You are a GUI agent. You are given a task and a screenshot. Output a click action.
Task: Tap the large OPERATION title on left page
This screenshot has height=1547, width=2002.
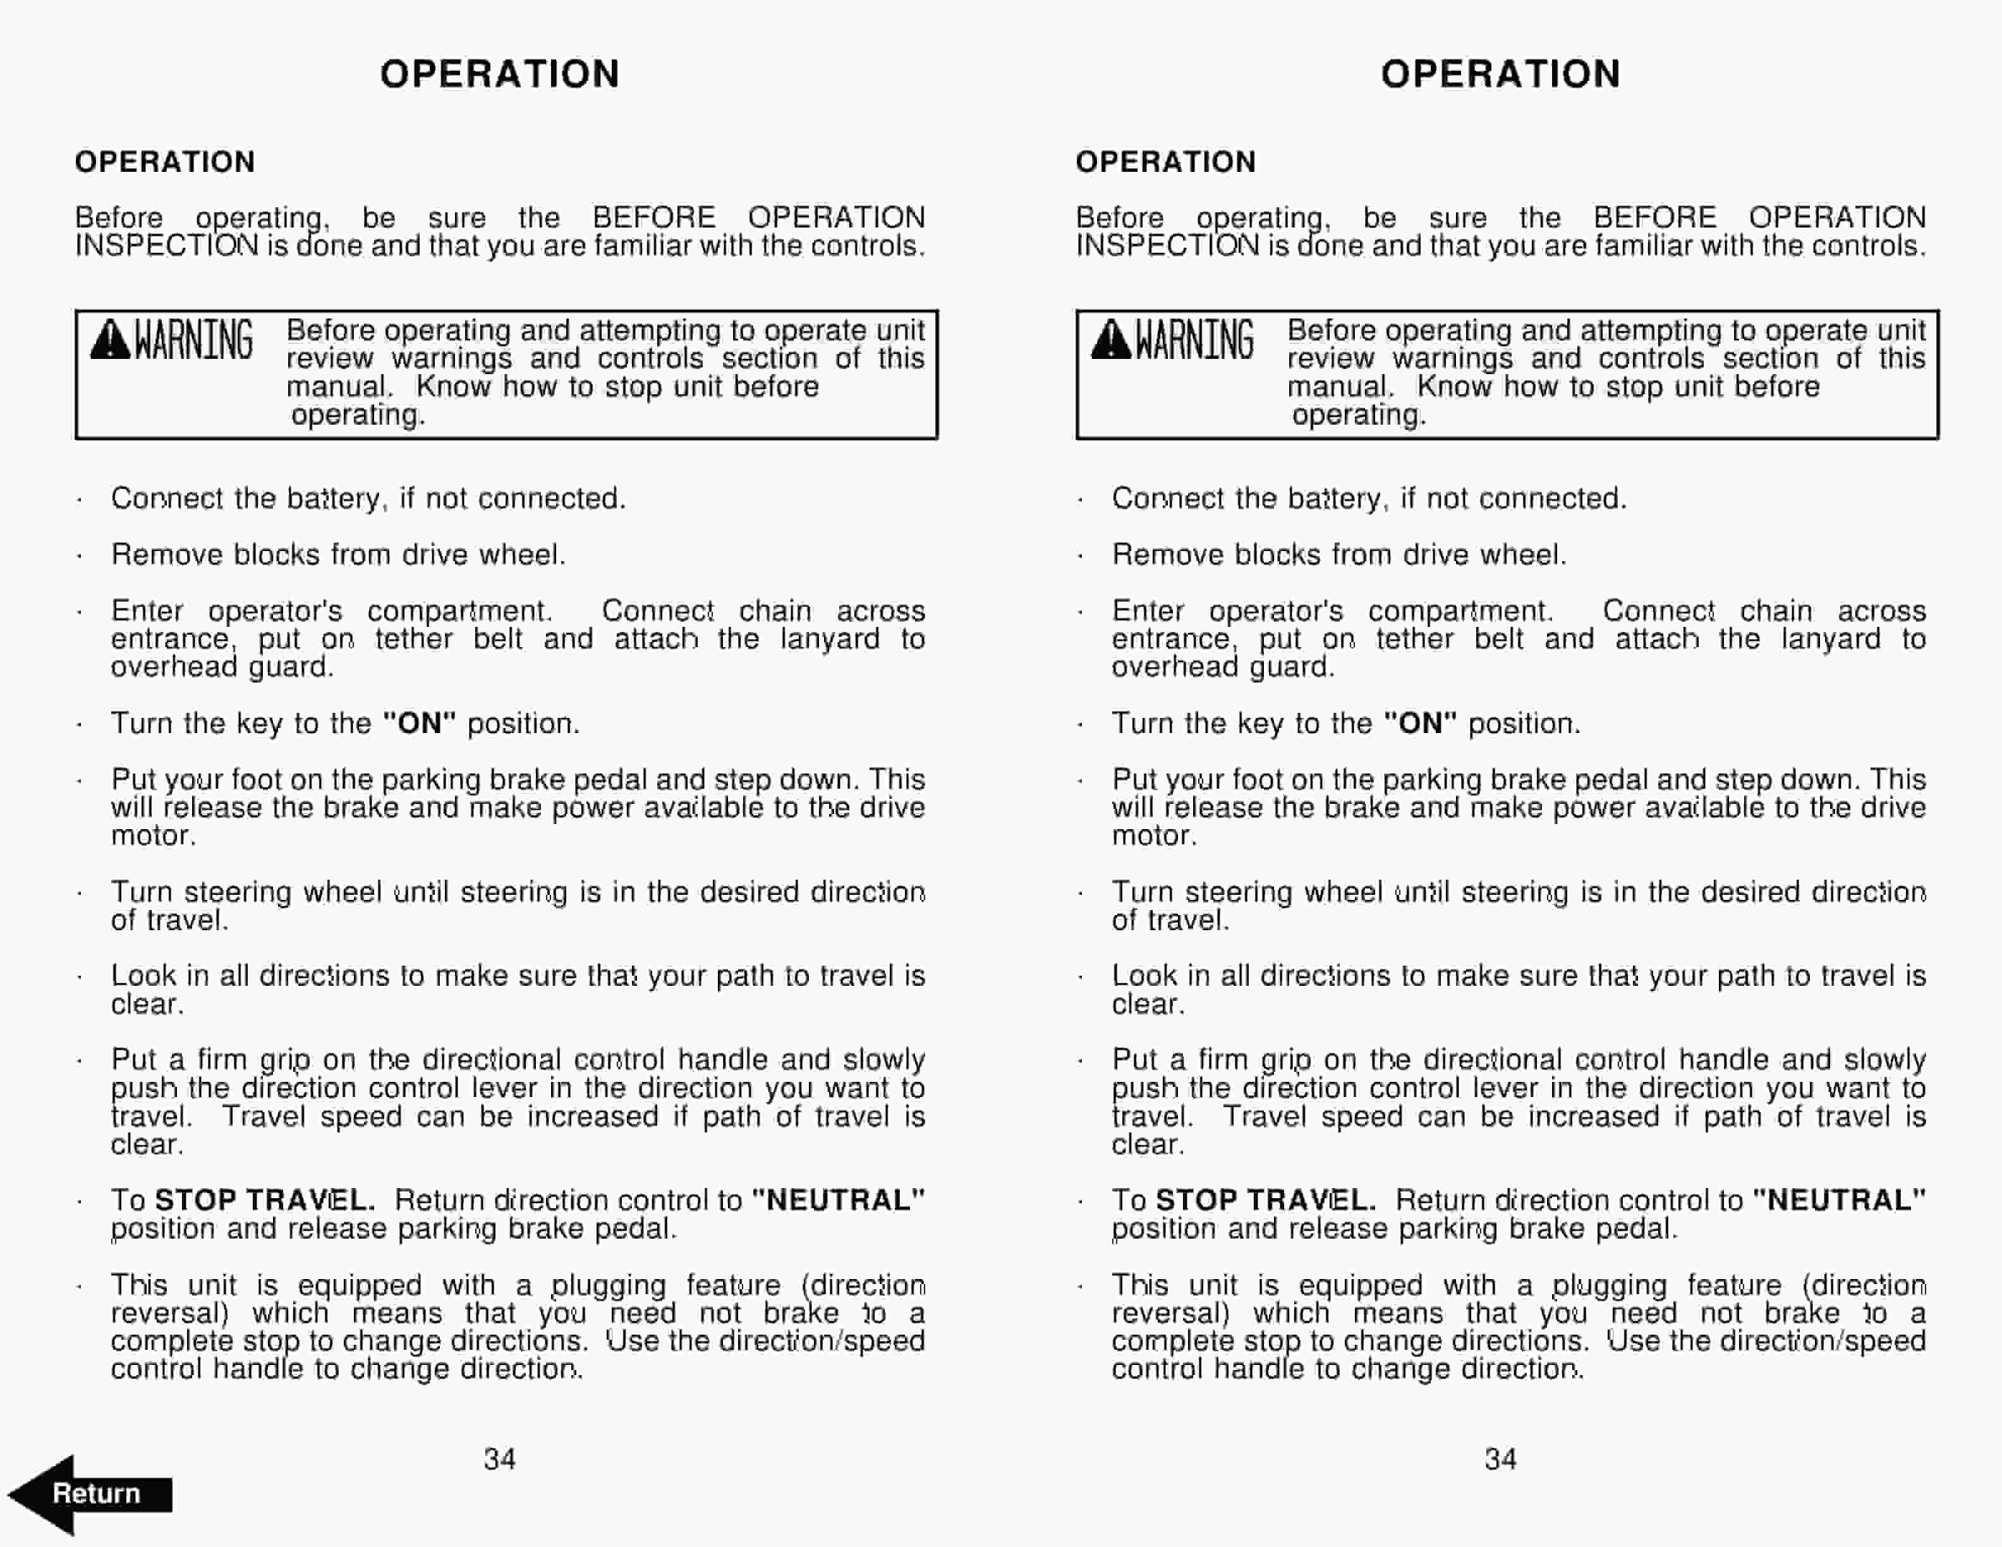click(x=500, y=74)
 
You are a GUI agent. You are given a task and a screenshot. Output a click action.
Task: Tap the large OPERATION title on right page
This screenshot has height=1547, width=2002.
click(x=1501, y=74)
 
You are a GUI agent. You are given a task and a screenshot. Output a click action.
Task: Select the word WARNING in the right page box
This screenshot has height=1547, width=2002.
click(x=1194, y=340)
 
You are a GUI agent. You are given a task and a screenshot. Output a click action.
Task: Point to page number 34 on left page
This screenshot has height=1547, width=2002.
click(x=500, y=1458)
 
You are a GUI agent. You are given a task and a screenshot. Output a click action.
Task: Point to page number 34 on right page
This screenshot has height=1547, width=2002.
click(x=1501, y=1458)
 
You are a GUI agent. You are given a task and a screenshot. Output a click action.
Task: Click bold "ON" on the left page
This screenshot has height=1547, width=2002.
click(x=419, y=723)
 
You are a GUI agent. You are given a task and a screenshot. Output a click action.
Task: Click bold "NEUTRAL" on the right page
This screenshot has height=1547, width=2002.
click(x=1838, y=1199)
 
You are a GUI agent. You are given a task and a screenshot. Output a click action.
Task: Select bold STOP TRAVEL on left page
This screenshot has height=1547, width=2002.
click(x=264, y=1199)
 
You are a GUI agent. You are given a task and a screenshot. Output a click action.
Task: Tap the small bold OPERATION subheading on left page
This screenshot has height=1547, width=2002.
click(x=165, y=162)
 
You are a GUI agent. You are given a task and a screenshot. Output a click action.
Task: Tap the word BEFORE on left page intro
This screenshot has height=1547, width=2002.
click(x=653, y=217)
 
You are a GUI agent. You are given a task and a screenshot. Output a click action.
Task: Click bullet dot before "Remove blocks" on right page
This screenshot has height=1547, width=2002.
click(x=1081, y=556)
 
